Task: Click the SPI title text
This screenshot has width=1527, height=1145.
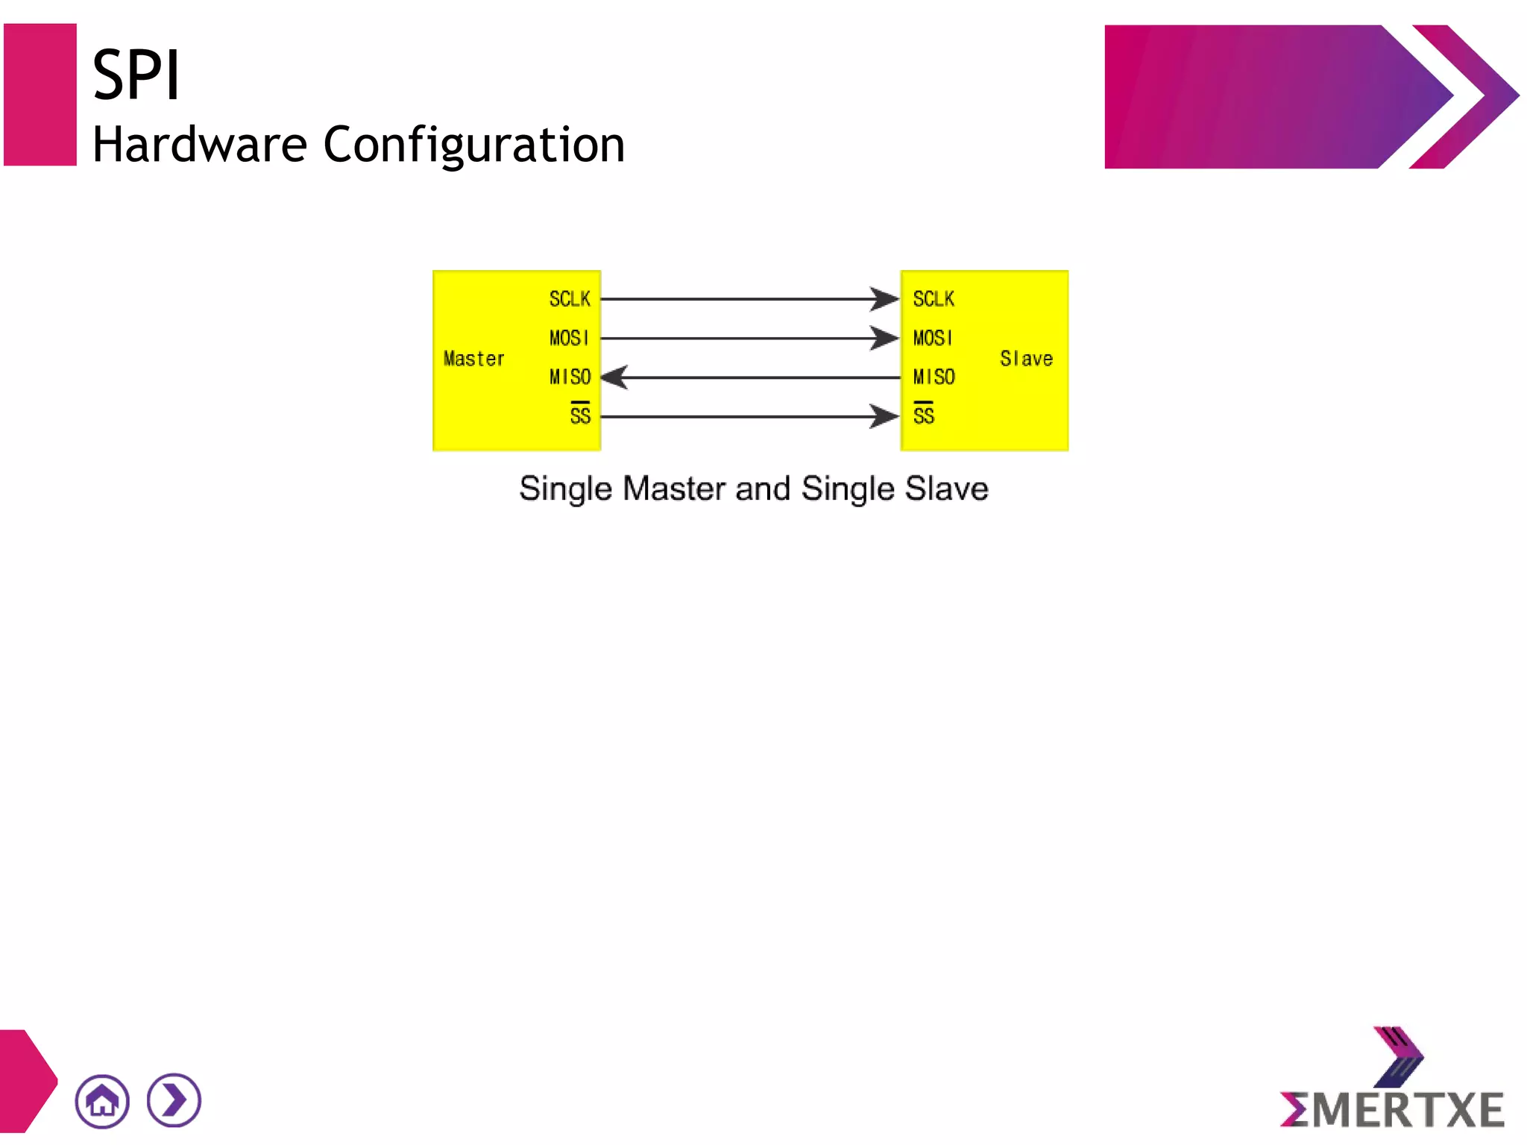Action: click(136, 75)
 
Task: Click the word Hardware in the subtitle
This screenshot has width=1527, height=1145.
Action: click(199, 145)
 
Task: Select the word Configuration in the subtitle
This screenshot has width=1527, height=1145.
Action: click(473, 145)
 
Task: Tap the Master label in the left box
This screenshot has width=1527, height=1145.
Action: click(473, 359)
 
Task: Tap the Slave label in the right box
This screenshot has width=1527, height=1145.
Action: click(1026, 359)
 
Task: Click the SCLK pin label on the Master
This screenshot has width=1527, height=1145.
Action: click(570, 299)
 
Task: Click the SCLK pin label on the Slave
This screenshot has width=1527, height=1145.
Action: click(933, 299)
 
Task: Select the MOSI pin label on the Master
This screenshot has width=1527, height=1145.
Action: click(569, 338)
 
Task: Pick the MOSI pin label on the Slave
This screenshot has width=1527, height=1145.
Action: click(932, 338)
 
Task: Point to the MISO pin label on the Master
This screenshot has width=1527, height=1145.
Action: click(570, 377)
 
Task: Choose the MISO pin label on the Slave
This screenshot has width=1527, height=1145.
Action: click(933, 377)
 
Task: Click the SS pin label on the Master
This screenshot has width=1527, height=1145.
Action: click(580, 415)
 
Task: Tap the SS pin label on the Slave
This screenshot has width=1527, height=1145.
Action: click(923, 415)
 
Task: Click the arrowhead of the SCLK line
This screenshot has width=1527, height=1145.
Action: click(885, 299)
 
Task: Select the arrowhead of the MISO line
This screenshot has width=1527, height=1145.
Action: click(615, 377)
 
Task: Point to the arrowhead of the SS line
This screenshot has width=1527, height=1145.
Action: click(885, 416)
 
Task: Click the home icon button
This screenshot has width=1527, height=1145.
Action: click(102, 1101)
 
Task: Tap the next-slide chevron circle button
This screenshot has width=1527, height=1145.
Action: click(174, 1100)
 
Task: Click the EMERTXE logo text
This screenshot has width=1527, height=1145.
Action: click(1393, 1110)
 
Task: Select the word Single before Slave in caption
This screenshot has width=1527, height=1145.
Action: click(848, 489)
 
